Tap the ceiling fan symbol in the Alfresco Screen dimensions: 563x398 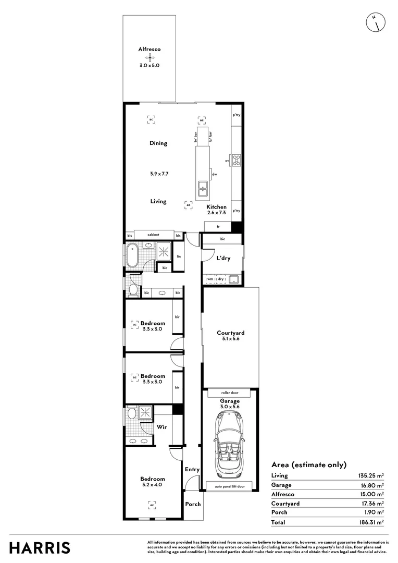pyautogui.click(x=150, y=57)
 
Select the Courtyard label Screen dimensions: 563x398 pyautogui.click(x=230, y=333)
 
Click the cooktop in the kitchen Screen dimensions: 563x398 pyautogui.click(x=237, y=161)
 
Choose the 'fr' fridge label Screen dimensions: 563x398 pyautogui.click(x=218, y=227)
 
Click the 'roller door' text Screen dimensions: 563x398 pyautogui.click(x=230, y=393)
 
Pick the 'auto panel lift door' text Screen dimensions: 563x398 pyautogui.click(x=230, y=486)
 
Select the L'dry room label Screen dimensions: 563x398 pyautogui.click(x=223, y=258)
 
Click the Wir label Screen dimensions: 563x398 pyautogui.click(x=162, y=427)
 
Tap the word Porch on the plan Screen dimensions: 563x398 pyautogui.click(x=193, y=504)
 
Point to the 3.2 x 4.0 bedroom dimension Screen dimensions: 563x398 pyautogui.click(x=152, y=485)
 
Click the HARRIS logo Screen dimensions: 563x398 pyautogui.click(x=40, y=548)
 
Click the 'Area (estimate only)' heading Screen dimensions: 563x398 pyautogui.click(x=308, y=464)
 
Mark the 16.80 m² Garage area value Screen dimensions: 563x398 pyautogui.click(x=372, y=485)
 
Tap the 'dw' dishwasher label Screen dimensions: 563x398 pyautogui.click(x=214, y=175)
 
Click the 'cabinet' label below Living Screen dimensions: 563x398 pyautogui.click(x=153, y=236)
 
